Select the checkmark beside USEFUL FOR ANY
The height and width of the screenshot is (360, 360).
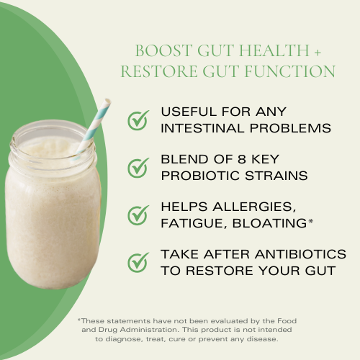click(x=138, y=120)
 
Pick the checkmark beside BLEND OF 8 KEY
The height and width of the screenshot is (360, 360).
click(x=138, y=167)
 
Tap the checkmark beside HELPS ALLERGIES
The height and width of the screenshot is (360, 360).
click(x=138, y=215)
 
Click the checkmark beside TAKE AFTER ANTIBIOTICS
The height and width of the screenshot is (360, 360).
click(x=138, y=262)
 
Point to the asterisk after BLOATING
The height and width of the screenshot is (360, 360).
click(x=310, y=221)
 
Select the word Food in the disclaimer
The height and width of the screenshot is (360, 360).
click(x=285, y=320)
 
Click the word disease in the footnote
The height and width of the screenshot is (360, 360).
click(x=261, y=339)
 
